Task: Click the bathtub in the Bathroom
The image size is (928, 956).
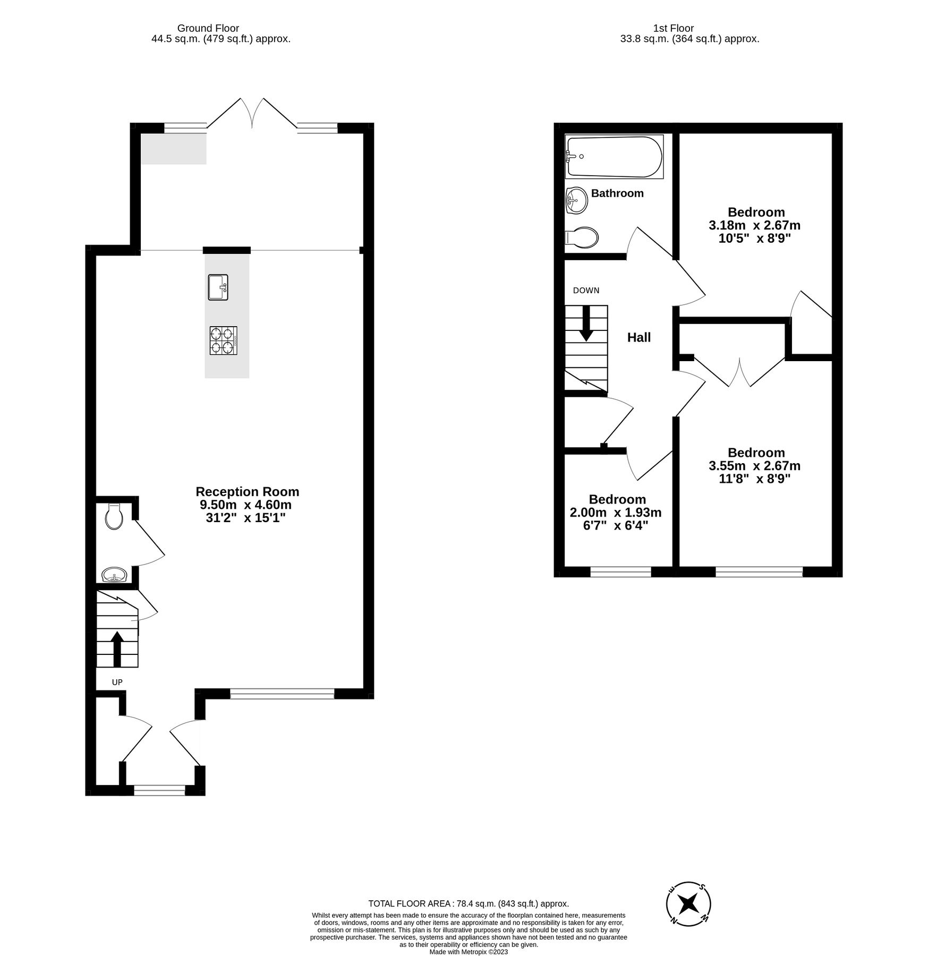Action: pyautogui.click(x=614, y=157)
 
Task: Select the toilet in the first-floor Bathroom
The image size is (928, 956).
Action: pyautogui.click(x=583, y=237)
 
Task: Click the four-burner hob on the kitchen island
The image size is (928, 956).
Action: pyautogui.click(x=223, y=340)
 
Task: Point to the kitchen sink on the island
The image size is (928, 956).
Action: pyautogui.click(x=218, y=287)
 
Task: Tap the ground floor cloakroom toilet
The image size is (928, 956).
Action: pyautogui.click(x=114, y=516)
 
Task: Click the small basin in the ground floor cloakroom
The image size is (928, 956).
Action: pyautogui.click(x=114, y=575)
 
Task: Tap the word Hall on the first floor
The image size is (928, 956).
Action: pyautogui.click(x=638, y=337)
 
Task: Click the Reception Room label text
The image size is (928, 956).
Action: pyautogui.click(x=247, y=491)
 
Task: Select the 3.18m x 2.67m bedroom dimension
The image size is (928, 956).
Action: pyautogui.click(x=754, y=225)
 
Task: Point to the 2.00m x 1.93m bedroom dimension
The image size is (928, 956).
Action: pyautogui.click(x=615, y=513)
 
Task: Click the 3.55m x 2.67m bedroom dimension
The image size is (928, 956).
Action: pyautogui.click(x=754, y=466)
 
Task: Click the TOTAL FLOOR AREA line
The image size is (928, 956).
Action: pyautogui.click(x=469, y=903)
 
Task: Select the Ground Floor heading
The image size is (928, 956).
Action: pyautogui.click(x=208, y=28)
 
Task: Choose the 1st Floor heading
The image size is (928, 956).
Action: pyautogui.click(x=674, y=28)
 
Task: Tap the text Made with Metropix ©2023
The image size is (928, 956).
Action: pyautogui.click(x=469, y=952)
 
